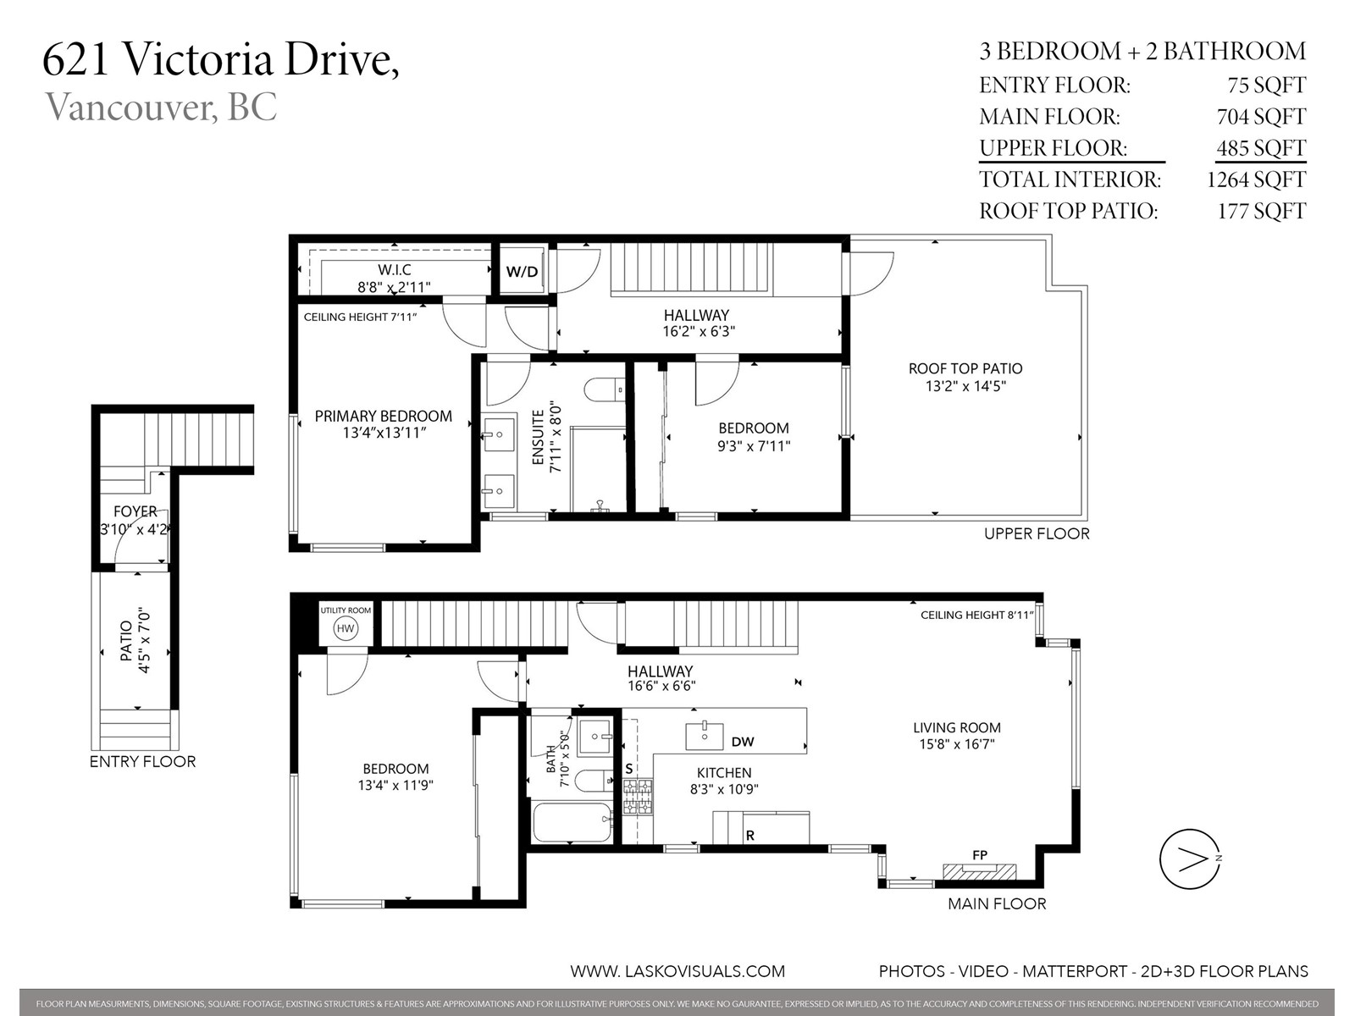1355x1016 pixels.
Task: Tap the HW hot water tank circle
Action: click(x=345, y=628)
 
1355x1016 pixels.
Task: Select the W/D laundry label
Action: click(x=523, y=272)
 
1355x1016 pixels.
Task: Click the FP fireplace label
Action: click(x=980, y=855)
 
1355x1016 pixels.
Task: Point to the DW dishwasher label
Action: click(x=743, y=742)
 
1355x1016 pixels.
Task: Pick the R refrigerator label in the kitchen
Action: click(x=750, y=836)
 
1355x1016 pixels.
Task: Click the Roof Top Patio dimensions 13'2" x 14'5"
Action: click(x=965, y=386)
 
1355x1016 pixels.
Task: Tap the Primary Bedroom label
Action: click(x=384, y=416)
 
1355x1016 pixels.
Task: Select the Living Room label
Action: click(x=957, y=727)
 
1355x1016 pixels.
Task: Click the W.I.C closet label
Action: click(x=395, y=269)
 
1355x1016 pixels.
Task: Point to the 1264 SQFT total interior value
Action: click(x=1256, y=179)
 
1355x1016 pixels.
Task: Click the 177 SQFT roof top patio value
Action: click(x=1261, y=211)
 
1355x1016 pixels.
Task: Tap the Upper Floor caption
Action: click(x=1037, y=533)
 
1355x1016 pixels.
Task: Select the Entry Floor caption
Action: click(x=142, y=761)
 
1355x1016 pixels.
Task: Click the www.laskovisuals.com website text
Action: click(x=677, y=971)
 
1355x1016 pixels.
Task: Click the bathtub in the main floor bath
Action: click(x=572, y=821)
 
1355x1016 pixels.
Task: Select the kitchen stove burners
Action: click(x=637, y=797)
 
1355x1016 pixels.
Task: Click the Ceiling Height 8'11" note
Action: click(x=976, y=615)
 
